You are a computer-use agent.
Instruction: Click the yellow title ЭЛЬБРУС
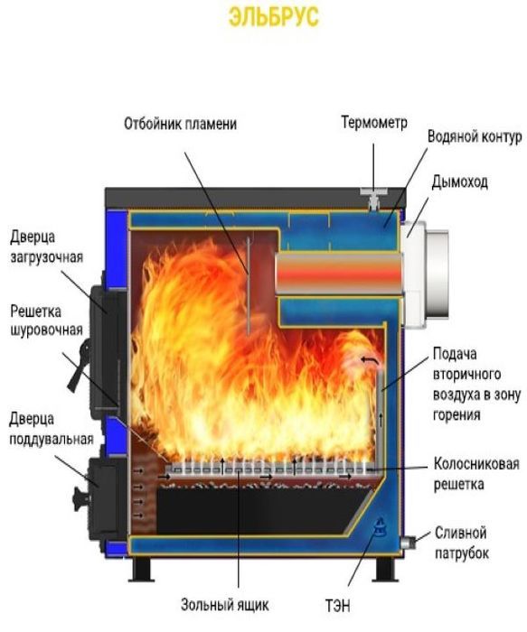tap(274, 17)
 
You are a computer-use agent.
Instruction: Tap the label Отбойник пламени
tap(180, 124)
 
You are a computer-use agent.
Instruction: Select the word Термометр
tap(374, 122)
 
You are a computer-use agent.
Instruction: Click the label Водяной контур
tap(475, 137)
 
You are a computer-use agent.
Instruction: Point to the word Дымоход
tap(459, 182)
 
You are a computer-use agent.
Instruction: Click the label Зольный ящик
tap(224, 605)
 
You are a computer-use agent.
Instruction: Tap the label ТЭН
tap(337, 606)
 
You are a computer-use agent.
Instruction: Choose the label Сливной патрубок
tap(462, 543)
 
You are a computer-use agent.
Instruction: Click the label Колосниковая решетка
tap(476, 474)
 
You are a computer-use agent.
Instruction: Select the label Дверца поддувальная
tap(52, 429)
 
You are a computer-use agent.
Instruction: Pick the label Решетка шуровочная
tap(46, 321)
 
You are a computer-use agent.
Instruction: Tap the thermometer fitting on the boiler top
tap(373, 199)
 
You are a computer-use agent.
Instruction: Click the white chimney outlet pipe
tap(425, 274)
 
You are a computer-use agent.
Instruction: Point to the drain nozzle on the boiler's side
tap(408, 542)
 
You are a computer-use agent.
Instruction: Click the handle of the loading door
tap(80, 365)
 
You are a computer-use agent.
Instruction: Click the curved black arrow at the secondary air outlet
tap(370, 360)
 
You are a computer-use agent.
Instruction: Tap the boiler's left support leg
tap(141, 569)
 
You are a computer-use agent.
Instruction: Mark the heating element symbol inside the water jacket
tap(380, 526)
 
